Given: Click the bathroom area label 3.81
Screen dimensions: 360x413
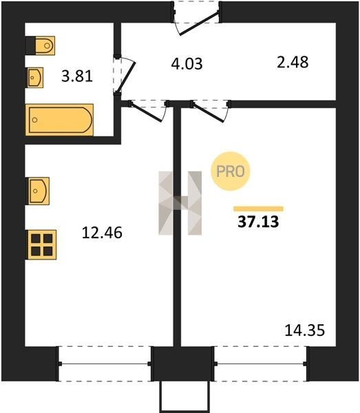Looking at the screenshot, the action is click(77, 76).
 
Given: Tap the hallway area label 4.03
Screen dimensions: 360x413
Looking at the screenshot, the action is click(187, 64).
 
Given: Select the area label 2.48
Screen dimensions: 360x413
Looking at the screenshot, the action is click(293, 63).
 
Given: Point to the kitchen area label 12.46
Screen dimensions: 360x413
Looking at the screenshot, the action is click(102, 233).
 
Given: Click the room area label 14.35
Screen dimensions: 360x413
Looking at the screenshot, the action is click(305, 330).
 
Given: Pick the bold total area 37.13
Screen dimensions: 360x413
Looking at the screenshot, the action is click(258, 222).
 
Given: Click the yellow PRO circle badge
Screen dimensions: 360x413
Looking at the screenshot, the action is click(230, 171).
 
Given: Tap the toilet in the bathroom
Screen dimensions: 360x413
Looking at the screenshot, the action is click(40, 45).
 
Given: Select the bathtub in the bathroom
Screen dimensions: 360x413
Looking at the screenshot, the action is click(59, 120).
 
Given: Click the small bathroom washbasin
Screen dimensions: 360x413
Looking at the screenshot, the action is click(35, 77).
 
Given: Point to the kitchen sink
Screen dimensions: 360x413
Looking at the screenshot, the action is click(39, 191).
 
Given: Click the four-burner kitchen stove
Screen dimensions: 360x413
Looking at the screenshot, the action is click(42, 244).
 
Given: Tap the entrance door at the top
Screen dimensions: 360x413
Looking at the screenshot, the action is click(199, 23).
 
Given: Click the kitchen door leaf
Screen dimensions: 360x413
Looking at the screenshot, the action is click(146, 112).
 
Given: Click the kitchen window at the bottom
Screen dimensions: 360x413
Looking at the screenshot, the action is click(105, 364).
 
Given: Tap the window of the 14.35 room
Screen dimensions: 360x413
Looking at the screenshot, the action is click(260, 364).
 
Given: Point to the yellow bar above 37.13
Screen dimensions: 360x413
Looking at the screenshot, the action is click(258, 209).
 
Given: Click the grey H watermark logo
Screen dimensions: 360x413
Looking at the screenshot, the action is click(180, 203).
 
